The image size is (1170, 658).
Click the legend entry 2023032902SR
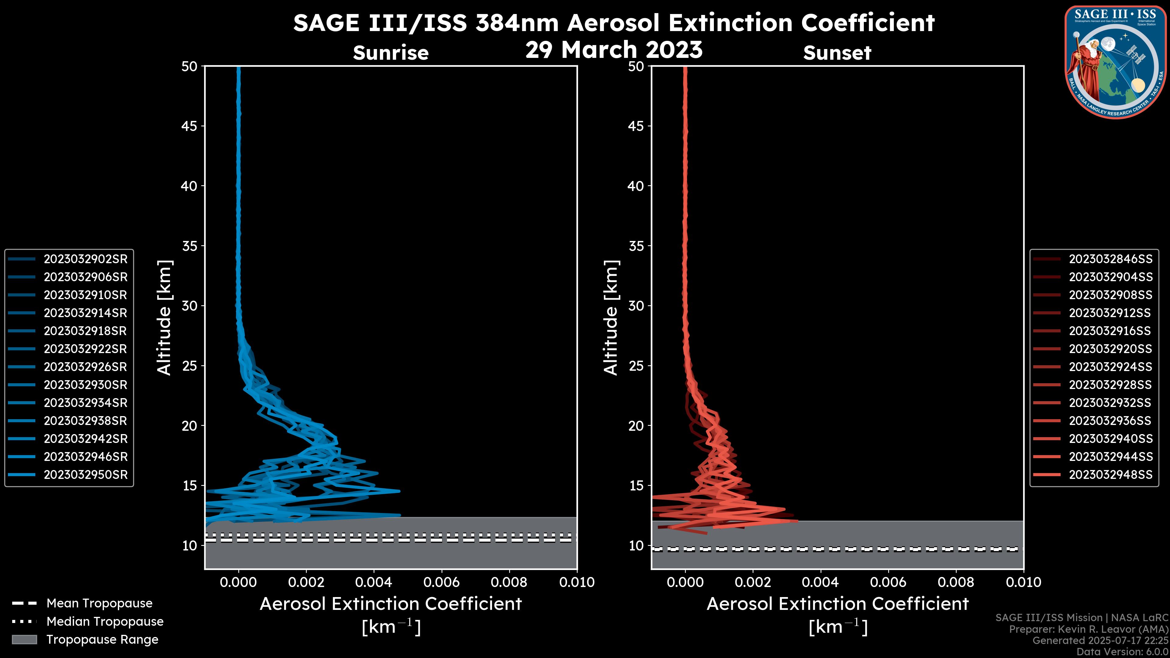(x=85, y=259)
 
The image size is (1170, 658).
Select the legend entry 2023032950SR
(x=85, y=475)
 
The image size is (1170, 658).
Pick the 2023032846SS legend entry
(x=1110, y=259)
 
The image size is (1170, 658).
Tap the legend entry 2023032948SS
(x=1110, y=475)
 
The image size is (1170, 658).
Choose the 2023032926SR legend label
(x=85, y=367)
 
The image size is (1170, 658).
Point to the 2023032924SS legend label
(x=1110, y=367)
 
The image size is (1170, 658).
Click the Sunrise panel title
(x=391, y=53)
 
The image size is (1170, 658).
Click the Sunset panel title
(x=837, y=53)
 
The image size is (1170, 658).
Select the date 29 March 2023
(x=614, y=49)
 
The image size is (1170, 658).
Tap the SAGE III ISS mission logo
(x=1116, y=62)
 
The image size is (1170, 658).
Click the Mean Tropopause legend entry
(x=99, y=603)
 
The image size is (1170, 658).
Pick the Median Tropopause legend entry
(x=105, y=622)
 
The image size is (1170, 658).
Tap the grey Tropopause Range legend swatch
(x=24, y=640)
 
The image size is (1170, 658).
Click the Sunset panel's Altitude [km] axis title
(x=611, y=318)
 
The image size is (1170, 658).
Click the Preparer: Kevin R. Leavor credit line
(x=1089, y=629)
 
